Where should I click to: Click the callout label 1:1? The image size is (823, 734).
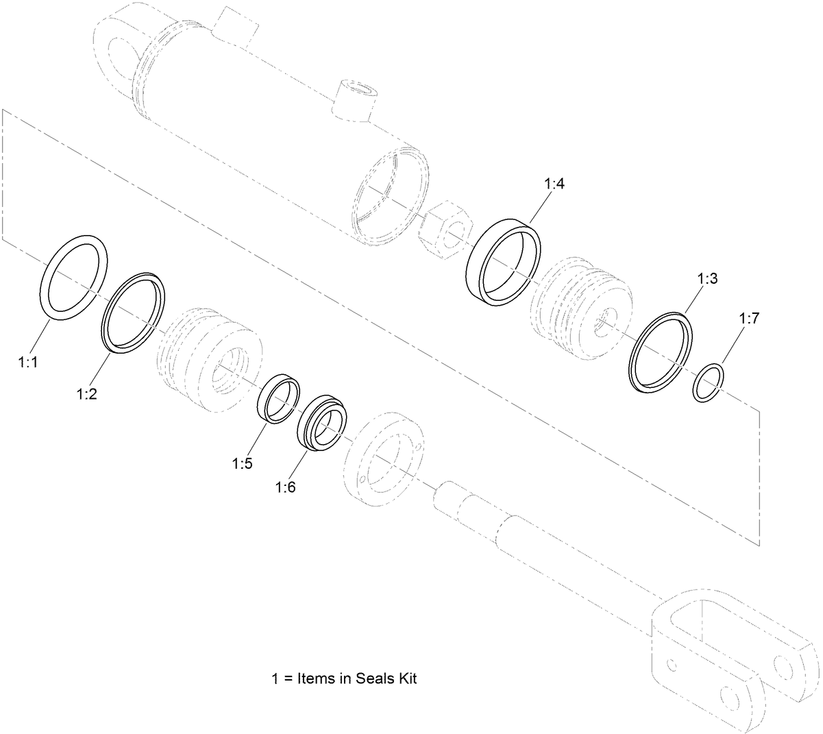coord(27,363)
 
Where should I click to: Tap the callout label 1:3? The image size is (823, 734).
coord(708,280)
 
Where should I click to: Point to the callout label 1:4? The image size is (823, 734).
coord(554,184)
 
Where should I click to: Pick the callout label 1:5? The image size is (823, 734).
coord(243,463)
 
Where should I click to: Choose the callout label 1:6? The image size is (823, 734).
coord(285,487)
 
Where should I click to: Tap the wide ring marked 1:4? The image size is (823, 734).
coord(472,267)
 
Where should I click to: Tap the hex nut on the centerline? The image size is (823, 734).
coord(445,225)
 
